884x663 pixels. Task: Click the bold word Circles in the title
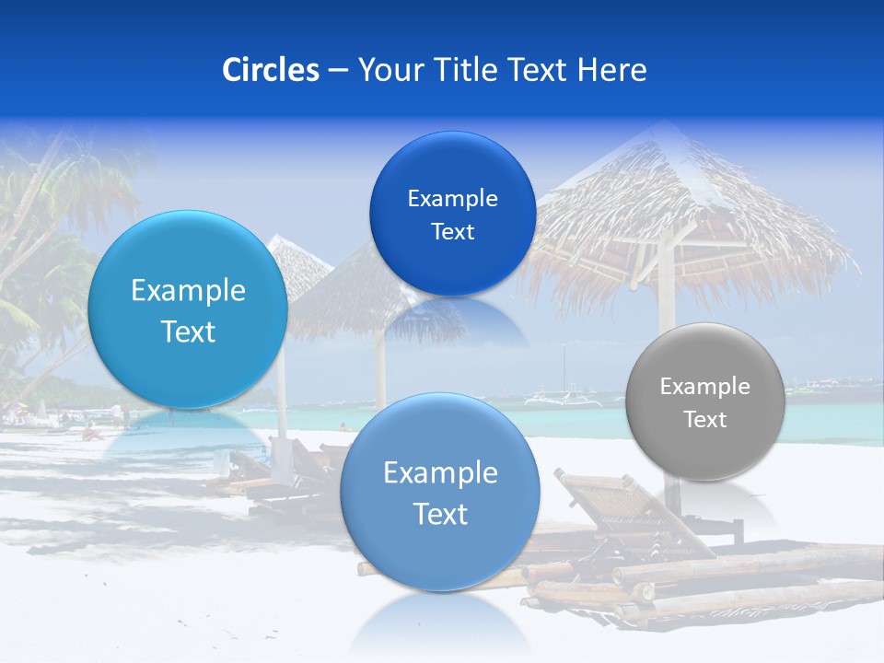(271, 70)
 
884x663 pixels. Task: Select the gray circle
(705, 401)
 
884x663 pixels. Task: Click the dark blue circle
(452, 214)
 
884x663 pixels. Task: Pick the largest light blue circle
(188, 309)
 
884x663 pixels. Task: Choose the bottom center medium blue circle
(440, 492)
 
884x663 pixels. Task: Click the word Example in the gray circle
(705, 387)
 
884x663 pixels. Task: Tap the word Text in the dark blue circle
(452, 232)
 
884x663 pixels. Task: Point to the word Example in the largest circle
(188, 291)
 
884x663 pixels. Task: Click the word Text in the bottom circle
(440, 514)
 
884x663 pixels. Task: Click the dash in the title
(338, 70)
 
